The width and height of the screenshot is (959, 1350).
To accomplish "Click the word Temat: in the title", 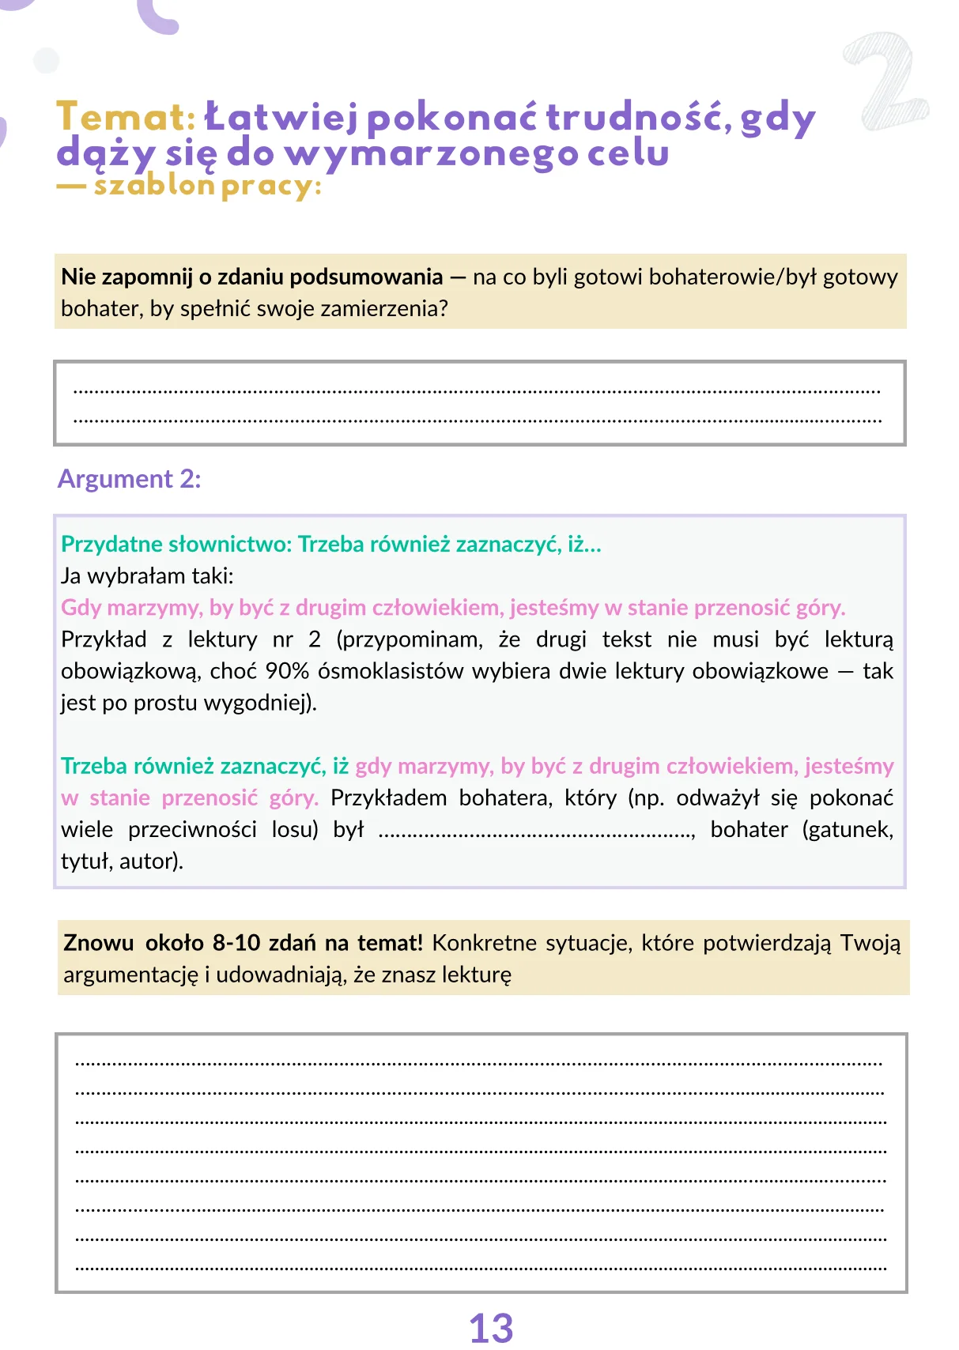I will click(126, 118).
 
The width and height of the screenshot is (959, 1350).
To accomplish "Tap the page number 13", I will click(491, 1328).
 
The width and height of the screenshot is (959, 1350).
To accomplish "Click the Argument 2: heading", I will click(130, 479).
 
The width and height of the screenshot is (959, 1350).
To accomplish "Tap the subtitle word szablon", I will click(154, 187).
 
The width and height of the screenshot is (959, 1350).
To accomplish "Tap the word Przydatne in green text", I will click(108, 544).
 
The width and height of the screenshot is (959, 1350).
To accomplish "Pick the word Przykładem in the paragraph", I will click(388, 798).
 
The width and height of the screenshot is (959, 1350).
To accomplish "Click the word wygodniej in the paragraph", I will click(256, 703).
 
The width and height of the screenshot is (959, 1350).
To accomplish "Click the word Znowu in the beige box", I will click(99, 943).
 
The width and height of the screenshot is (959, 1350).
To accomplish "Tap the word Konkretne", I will click(482, 943).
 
